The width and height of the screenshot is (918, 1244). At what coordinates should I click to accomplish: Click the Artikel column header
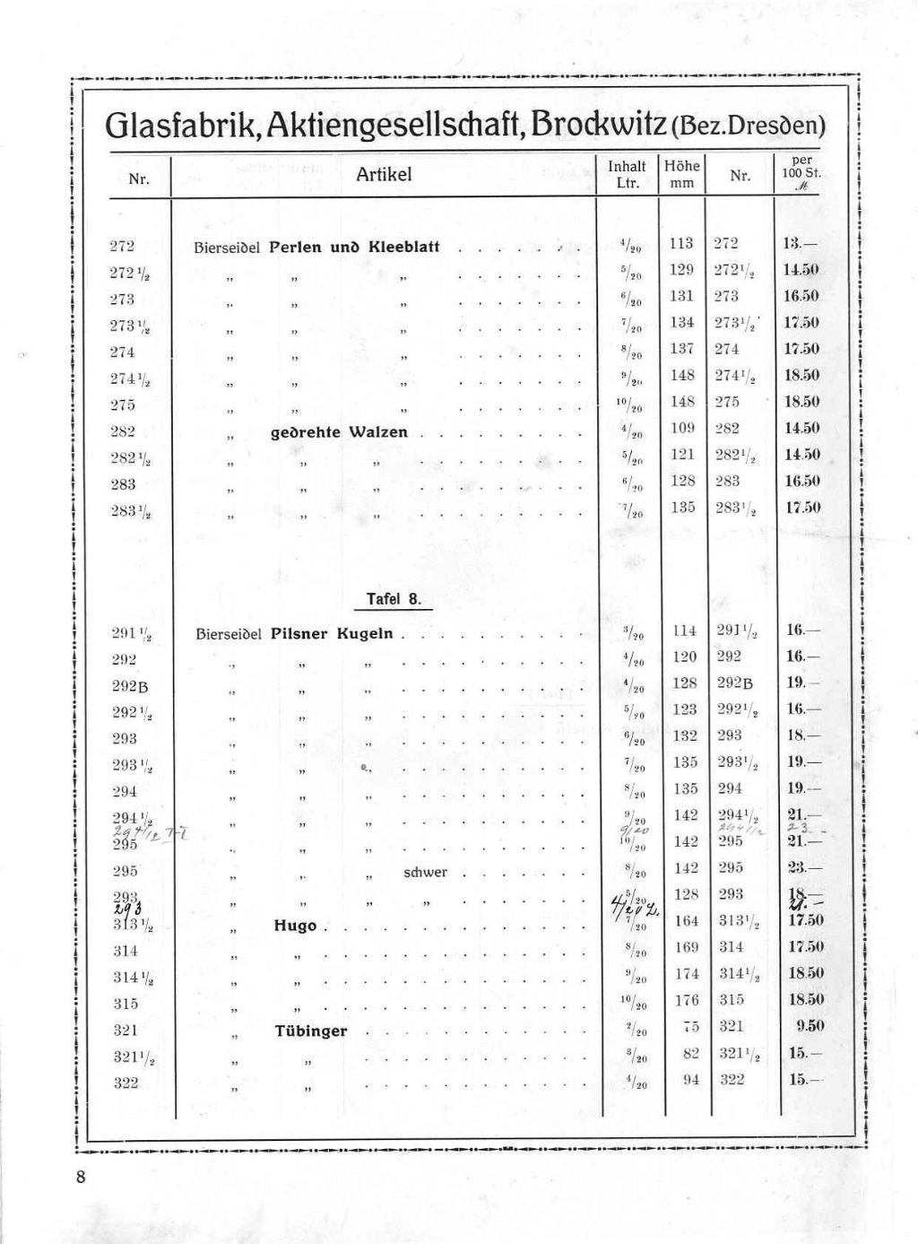click(384, 174)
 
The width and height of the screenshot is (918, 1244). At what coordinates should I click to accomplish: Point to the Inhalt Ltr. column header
click(627, 174)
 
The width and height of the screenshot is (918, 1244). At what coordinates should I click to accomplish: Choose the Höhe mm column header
click(682, 174)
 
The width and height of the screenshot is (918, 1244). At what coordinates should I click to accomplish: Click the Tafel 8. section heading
click(394, 599)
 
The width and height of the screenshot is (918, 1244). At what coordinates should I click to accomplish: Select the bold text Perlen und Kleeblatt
click(354, 246)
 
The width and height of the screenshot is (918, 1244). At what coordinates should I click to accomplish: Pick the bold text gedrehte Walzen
click(339, 432)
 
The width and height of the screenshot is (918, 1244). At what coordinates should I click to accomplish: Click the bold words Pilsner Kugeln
click(332, 633)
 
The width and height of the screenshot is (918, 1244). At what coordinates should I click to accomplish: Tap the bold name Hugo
click(295, 926)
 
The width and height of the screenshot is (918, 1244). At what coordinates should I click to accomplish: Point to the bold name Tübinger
click(310, 1031)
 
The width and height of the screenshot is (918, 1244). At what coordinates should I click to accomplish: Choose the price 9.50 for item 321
click(810, 1026)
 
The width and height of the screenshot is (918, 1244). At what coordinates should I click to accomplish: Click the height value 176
click(685, 1000)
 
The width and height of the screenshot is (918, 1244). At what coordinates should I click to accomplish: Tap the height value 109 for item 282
click(683, 428)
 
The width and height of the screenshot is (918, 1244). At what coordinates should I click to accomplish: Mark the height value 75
click(689, 1026)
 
